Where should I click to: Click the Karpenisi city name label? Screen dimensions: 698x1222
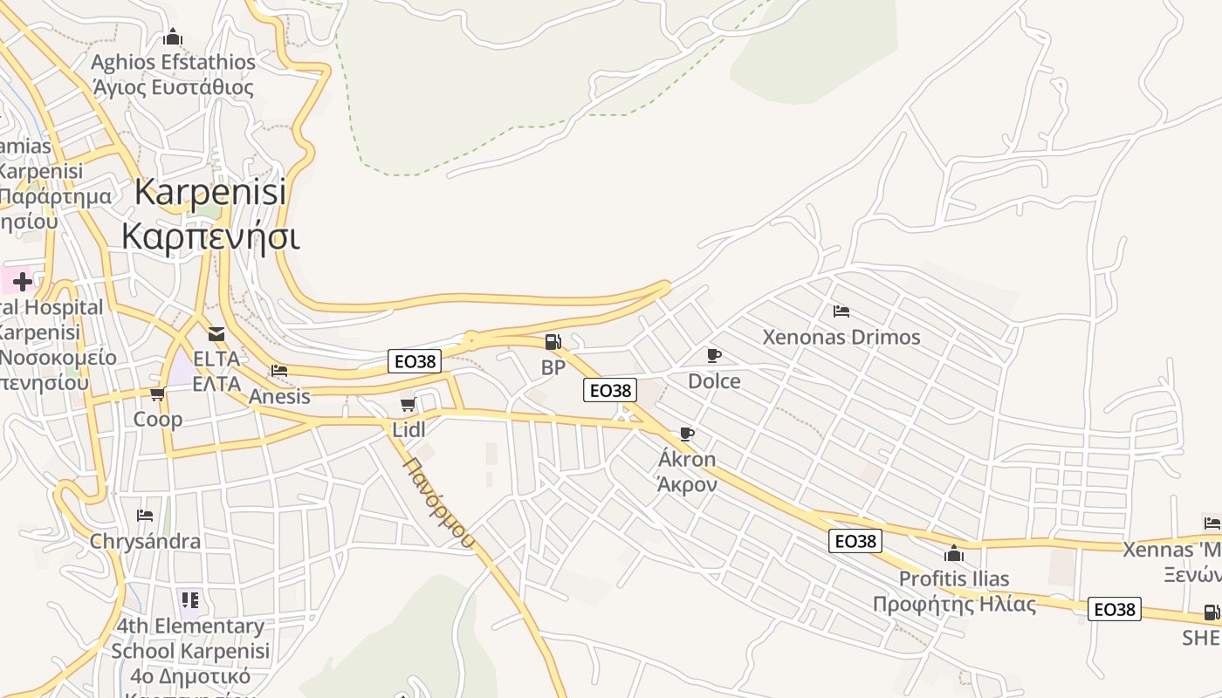(210, 193)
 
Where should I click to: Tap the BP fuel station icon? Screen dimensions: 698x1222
(553, 341)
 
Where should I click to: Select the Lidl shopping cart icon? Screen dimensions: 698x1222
(408, 404)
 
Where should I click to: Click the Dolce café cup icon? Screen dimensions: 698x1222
(714, 355)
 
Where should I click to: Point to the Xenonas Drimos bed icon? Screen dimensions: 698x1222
(841, 311)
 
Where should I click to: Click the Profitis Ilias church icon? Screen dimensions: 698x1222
(954, 553)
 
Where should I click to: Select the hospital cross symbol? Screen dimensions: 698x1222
(22, 281)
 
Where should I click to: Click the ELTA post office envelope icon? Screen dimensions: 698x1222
(216, 333)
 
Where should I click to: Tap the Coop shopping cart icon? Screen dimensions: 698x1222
(158, 394)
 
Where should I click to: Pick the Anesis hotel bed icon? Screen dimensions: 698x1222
(279, 370)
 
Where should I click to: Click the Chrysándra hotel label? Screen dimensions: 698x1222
(145, 541)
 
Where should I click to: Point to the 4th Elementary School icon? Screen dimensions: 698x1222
(190, 599)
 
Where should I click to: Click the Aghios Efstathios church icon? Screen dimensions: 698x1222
(173, 38)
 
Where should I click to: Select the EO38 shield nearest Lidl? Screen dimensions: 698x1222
(415, 361)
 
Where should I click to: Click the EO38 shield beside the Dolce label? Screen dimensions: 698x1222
(610, 390)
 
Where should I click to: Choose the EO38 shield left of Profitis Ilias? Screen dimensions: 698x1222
(855, 541)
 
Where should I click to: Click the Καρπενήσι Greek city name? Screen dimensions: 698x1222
(210, 236)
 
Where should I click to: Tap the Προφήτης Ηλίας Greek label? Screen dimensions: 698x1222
(954, 604)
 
